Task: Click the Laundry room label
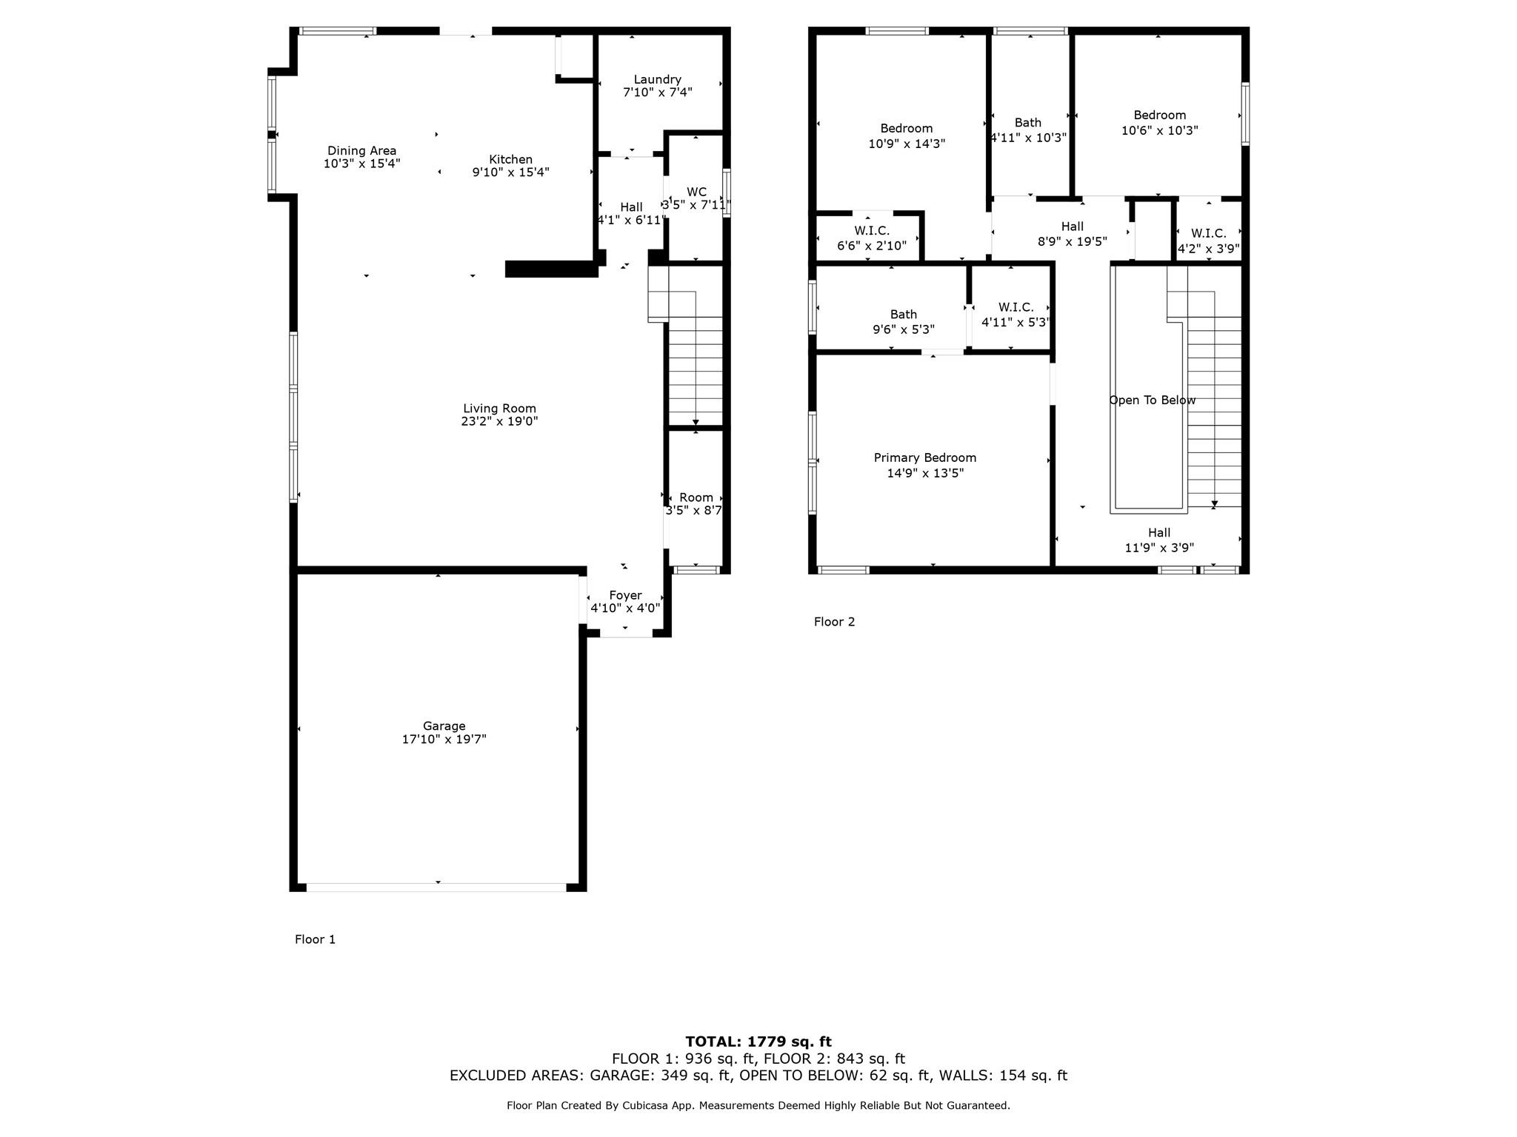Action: (657, 79)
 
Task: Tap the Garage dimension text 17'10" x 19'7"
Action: (444, 739)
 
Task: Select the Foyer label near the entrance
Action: (625, 595)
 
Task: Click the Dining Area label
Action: (361, 150)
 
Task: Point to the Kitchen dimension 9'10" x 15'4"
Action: (510, 172)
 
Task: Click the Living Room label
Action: (499, 408)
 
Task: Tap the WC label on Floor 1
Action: (696, 192)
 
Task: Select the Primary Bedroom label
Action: (924, 457)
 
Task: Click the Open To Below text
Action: (1152, 400)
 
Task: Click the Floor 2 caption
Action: (834, 622)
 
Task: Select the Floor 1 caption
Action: (315, 939)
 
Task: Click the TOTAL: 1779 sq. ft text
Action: (758, 1042)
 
